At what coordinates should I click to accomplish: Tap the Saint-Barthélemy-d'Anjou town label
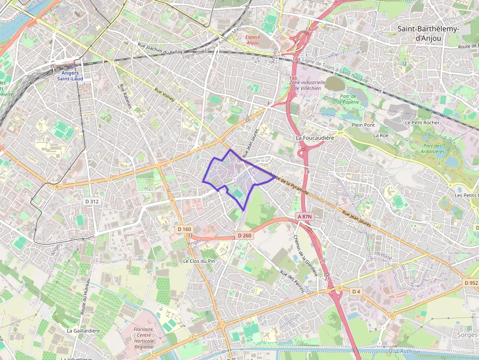pos(428,34)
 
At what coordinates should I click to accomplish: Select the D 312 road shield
pos(91,201)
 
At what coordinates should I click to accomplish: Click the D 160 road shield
pos(184,229)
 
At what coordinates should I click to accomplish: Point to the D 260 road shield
pos(244,235)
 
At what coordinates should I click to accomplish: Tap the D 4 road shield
pos(356,291)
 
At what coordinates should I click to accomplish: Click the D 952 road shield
pos(471,283)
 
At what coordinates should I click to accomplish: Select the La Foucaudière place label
pos(315,138)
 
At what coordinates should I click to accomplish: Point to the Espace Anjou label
pos(253,40)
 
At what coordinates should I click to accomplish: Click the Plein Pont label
pos(363,125)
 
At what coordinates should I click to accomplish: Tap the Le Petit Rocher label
pos(422,122)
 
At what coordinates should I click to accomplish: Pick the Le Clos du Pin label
pos(199,261)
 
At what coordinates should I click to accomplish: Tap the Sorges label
pos(467,335)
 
